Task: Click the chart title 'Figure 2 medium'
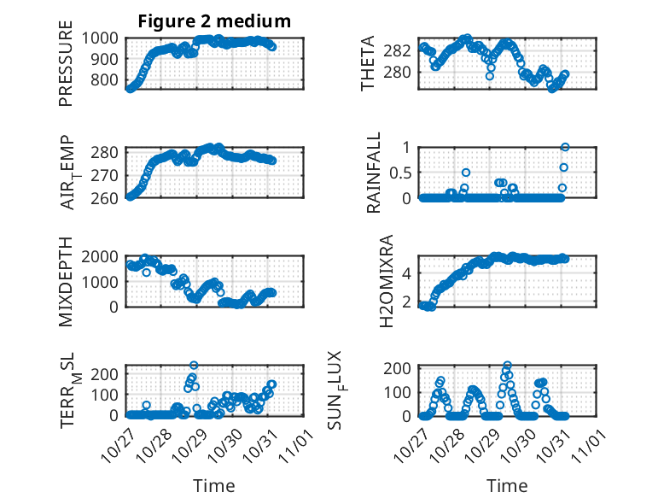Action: (x=214, y=21)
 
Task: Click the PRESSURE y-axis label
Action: (x=66, y=69)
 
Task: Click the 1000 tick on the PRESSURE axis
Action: (x=105, y=38)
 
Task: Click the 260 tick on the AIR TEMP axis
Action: (x=108, y=197)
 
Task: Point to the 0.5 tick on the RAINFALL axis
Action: (x=401, y=172)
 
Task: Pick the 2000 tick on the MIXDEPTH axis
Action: (x=105, y=256)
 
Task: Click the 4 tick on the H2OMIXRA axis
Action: (x=409, y=273)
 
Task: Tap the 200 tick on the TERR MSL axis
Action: (x=108, y=373)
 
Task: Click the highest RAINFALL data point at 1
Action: (x=565, y=147)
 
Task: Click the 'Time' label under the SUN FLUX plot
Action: (x=506, y=485)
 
